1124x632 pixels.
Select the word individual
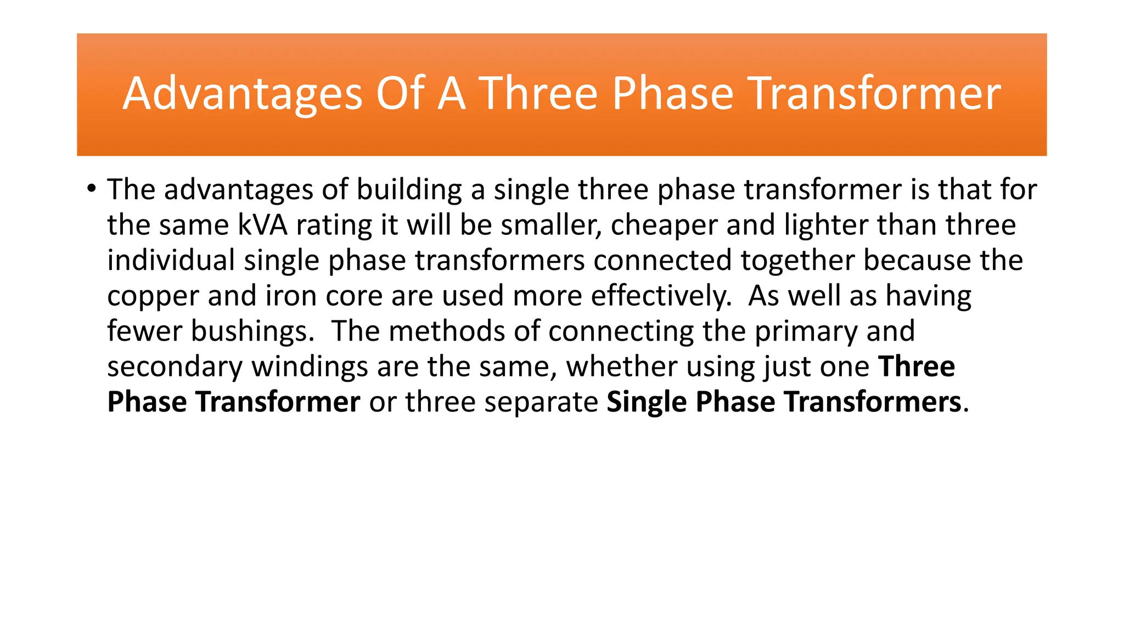point(171,260)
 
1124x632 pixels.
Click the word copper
point(153,297)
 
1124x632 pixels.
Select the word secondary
point(175,367)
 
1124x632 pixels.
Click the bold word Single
point(646,402)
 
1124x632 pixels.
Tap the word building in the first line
point(409,190)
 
